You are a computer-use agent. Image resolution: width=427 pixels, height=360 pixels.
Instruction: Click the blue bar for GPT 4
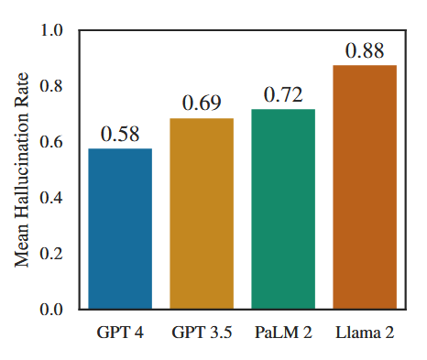click(x=120, y=229)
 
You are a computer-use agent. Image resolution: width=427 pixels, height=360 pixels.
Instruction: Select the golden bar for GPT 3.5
click(x=202, y=213)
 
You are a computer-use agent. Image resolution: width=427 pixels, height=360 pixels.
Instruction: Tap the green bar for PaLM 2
click(x=283, y=209)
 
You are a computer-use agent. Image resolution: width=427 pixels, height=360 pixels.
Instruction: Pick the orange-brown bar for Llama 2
click(x=364, y=187)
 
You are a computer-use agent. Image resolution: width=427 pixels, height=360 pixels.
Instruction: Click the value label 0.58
click(x=120, y=134)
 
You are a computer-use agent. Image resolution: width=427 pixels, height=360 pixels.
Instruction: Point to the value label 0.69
click(x=202, y=104)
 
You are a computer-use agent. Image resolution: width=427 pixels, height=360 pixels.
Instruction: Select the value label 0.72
click(x=283, y=94)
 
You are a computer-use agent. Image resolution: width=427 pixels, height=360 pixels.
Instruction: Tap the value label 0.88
click(x=364, y=50)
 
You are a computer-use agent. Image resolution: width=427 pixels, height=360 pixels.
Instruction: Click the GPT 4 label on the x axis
click(x=120, y=331)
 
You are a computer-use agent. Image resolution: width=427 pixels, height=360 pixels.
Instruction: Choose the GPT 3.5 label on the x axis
click(x=202, y=331)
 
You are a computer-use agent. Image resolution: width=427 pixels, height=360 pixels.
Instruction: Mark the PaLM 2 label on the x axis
click(x=283, y=331)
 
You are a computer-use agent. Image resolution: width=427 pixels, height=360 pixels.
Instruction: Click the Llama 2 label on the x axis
click(x=364, y=331)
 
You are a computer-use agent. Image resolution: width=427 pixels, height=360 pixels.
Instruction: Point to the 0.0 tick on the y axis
click(x=57, y=310)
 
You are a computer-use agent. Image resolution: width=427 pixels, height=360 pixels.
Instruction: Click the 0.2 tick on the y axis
click(x=57, y=254)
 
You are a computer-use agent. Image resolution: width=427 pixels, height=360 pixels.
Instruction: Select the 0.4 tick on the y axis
click(x=57, y=198)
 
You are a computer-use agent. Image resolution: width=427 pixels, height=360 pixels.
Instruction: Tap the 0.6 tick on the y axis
click(x=57, y=142)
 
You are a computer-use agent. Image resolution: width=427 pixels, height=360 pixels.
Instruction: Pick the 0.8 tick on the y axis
click(x=57, y=86)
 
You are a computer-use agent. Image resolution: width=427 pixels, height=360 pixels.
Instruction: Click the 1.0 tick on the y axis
click(x=57, y=30)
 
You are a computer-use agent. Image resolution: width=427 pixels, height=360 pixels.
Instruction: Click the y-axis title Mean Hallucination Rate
click(x=22, y=169)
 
